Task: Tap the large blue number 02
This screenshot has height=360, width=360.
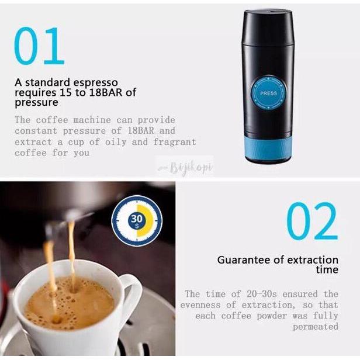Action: [x=312, y=222]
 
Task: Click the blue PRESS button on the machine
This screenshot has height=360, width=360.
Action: [x=268, y=93]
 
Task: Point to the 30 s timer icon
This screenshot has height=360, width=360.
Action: [x=136, y=220]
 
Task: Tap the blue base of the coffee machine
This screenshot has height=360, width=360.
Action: [x=268, y=148]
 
